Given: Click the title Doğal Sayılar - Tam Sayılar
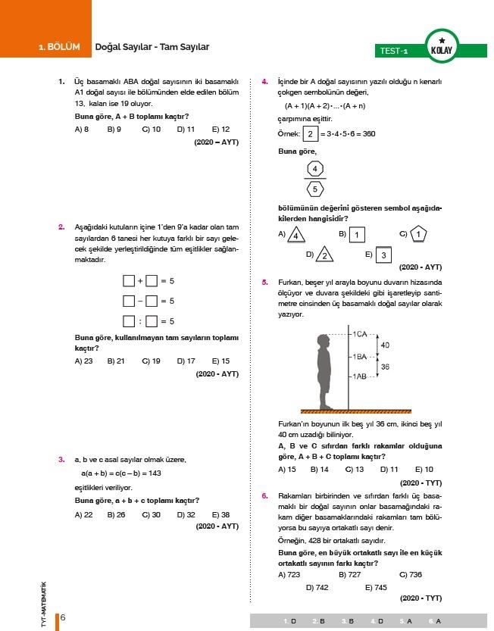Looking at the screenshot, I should (x=152, y=47).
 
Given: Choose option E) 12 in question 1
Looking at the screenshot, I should (x=220, y=130).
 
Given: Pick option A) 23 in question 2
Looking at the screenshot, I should (x=84, y=361).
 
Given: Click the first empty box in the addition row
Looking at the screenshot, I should (x=129, y=281).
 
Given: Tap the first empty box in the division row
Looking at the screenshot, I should (x=129, y=320).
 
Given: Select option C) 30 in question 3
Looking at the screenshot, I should (x=151, y=514).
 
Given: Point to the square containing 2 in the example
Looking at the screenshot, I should (x=310, y=134).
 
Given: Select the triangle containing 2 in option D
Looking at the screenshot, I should (x=324, y=255).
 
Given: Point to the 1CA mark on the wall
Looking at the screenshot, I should (x=358, y=333).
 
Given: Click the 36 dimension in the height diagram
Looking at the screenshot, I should (x=384, y=367).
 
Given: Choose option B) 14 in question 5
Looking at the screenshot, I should (x=319, y=470).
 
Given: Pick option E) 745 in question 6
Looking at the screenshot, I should (x=376, y=587).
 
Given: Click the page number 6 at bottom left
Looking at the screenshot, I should (x=63, y=617).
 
